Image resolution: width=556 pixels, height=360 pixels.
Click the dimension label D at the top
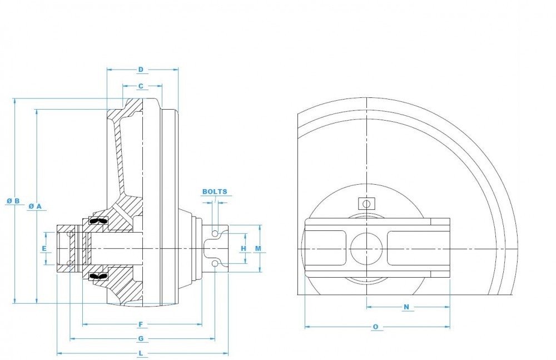coord(141,70)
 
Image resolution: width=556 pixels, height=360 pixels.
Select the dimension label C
coord(141,86)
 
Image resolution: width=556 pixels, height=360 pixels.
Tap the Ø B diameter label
coord(14,201)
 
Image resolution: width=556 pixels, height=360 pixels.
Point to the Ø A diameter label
coord(35,206)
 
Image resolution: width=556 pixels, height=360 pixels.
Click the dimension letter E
coord(44,248)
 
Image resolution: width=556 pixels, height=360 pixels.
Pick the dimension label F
coord(141,324)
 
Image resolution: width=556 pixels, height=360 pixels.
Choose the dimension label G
coord(141,338)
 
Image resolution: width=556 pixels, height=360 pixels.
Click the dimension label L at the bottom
coord(141,353)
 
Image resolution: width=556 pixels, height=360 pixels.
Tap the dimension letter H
coord(243,248)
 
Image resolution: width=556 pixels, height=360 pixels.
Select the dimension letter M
coord(258,248)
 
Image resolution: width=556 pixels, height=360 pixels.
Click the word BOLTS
coord(215,191)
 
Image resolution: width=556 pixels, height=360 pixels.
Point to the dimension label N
coord(406,307)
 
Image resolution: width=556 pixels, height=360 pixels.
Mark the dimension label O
coord(376,327)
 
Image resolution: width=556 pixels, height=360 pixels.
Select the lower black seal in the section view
coord(97,275)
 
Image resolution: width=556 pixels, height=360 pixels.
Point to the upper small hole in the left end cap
coord(69,234)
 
